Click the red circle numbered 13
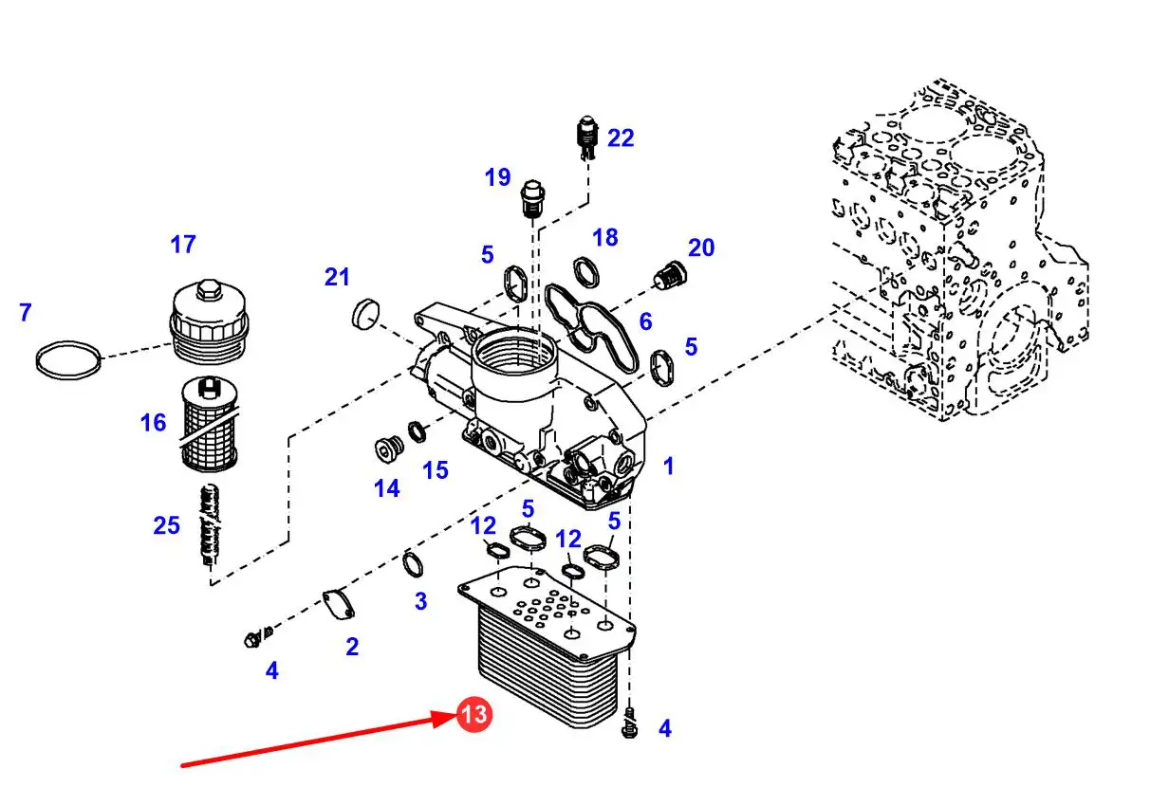(x=474, y=714)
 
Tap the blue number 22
(x=621, y=138)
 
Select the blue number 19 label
(x=497, y=177)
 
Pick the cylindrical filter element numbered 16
(x=209, y=423)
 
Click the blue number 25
(x=167, y=524)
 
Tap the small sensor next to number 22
(x=586, y=138)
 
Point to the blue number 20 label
(x=701, y=248)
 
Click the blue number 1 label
(x=668, y=466)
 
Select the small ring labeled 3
(x=413, y=563)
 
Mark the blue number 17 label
(x=183, y=245)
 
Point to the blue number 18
(x=605, y=237)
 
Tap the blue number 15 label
(x=436, y=469)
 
